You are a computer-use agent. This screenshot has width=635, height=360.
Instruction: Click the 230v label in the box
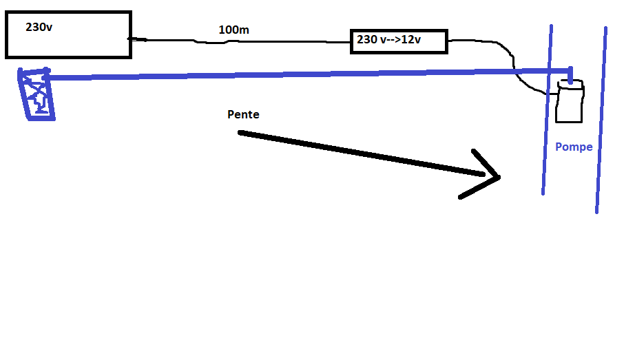[x=39, y=28]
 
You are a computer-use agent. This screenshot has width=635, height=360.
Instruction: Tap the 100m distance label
[x=233, y=30]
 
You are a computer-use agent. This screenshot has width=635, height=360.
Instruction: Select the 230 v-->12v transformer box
[x=399, y=41]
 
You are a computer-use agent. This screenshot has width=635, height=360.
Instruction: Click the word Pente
[x=243, y=114]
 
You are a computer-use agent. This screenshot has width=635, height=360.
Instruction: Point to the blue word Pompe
[x=574, y=147]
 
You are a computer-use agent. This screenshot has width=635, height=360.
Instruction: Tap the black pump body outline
[x=569, y=107]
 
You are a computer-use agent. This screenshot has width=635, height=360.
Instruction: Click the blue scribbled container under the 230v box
[x=37, y=95]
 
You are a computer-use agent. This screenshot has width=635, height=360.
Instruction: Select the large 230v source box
[x=67, y=34]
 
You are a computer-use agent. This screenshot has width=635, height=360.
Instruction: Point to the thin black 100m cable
[x=275, y=41]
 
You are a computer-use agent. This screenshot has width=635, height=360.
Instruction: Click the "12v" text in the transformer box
[x=410, y=41]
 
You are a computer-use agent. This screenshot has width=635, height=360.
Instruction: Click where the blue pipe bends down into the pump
[x=570, y=71]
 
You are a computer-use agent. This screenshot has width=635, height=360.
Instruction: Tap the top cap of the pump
[x=570, y=86]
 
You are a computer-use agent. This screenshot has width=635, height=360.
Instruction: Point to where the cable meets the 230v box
[x=131, y=39]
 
